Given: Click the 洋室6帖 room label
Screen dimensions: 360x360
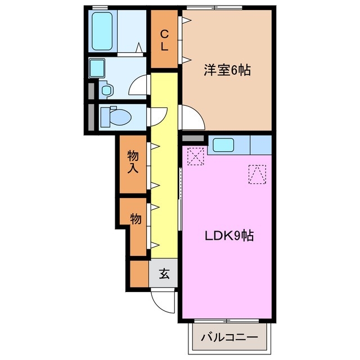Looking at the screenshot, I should point(227,71).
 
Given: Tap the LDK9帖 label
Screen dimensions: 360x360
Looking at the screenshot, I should point(228,236).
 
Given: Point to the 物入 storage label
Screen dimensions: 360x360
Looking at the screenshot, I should point(134,162).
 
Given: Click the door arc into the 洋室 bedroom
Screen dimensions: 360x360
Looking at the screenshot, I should point(191,118).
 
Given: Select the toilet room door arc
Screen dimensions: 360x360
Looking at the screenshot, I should point(156,116).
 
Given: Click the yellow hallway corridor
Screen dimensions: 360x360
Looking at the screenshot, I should point(164,169).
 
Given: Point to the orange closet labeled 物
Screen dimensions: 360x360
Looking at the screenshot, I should point(135,223).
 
